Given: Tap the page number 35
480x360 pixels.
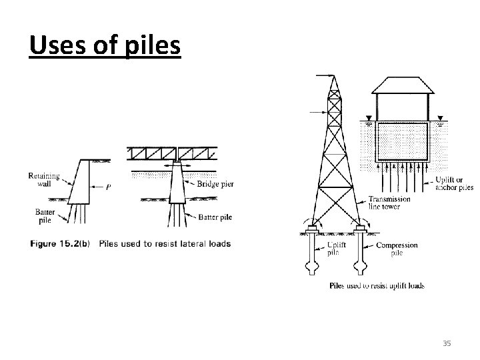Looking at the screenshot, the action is coord(447,343).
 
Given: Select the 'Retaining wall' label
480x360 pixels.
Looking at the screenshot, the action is coord(45,181).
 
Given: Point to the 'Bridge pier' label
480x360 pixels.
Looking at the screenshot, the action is coord(215,184).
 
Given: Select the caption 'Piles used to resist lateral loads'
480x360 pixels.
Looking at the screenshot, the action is coord(165,243).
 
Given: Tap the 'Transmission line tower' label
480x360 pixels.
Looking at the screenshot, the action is coord(390,203).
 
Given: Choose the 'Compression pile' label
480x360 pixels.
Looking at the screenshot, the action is coord(397,249).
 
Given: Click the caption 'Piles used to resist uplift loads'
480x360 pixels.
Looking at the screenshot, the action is coord(377,286).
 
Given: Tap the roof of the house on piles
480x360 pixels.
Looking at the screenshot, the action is coord(399,85).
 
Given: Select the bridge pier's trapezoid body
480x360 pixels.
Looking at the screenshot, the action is coord(177,187).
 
